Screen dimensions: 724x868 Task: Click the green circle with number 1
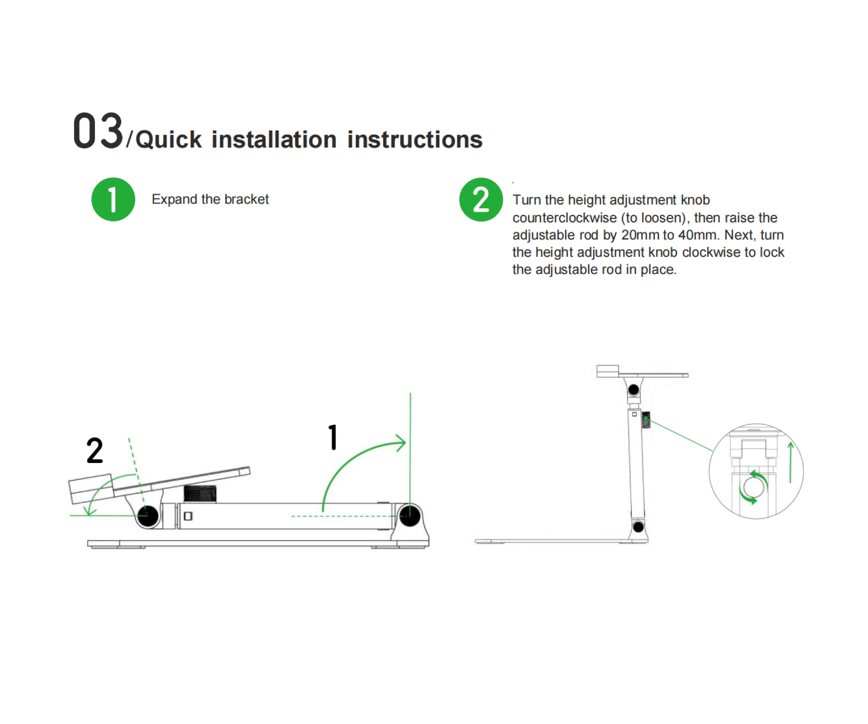(113, 199)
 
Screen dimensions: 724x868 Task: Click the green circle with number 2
(481, 199)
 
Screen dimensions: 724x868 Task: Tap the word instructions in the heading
(414, 139)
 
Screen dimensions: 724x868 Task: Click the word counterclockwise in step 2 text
(565, 218)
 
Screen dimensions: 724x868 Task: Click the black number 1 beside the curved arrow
(333, 437)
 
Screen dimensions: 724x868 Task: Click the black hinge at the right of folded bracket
(410, 516)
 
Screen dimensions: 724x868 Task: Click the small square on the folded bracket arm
(188, 516)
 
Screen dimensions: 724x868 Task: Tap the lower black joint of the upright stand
(639, 527)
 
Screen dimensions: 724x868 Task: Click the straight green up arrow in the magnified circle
(790, 462)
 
